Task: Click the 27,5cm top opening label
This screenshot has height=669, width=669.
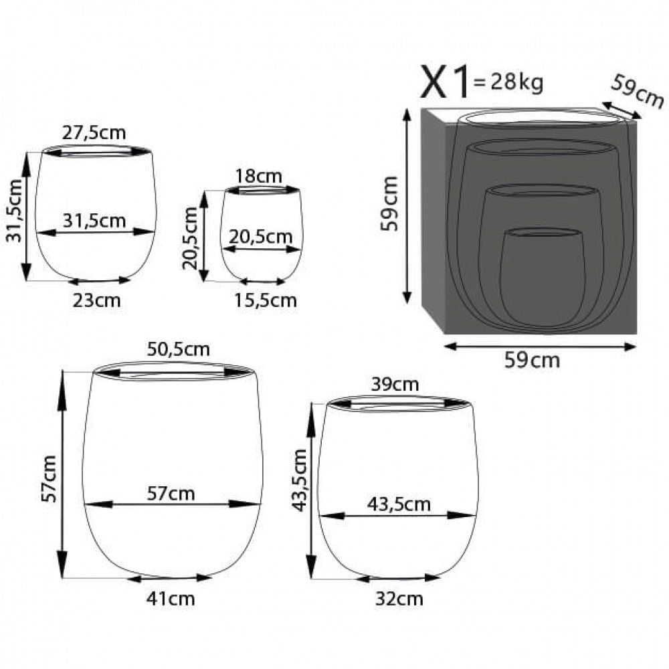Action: (x=94, y=132)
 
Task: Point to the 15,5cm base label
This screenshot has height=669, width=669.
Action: (x=266, y=300)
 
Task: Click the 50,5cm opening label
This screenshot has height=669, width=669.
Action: (x=178, y=349)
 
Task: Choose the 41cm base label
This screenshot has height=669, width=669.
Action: (x=172, y=598)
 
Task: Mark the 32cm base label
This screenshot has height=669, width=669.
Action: (x=400, y=598)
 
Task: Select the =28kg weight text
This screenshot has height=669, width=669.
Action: (x=508, y=83)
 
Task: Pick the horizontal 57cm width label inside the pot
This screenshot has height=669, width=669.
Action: (x=172, y=493)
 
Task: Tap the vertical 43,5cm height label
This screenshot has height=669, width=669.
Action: (x=300, y=479)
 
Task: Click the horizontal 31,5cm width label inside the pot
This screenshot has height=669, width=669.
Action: (x=95, y=220)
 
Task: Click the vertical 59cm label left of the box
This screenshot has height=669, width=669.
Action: (x=389, y=203)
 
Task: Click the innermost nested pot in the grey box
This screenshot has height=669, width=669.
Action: (x=542, y=278)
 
